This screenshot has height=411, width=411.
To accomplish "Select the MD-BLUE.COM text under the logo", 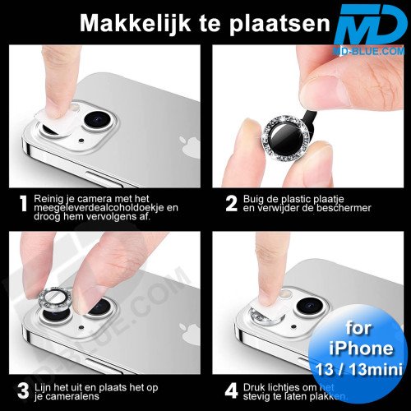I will coord(370,52).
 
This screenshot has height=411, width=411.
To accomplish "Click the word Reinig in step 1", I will coord(53,197).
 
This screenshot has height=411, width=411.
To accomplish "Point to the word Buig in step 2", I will coord(256,197).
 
